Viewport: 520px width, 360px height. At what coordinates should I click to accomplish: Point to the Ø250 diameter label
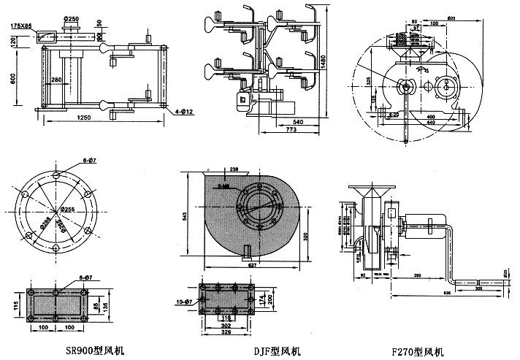(x=72, y=18)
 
